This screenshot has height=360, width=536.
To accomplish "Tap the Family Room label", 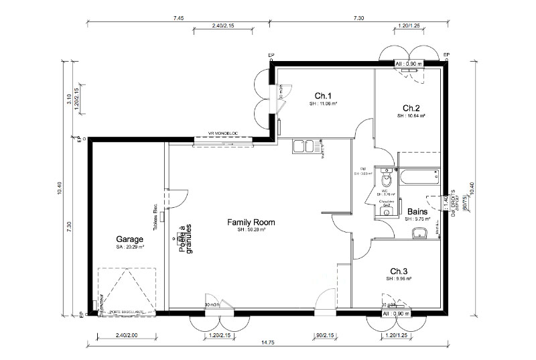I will [x=251, y=222].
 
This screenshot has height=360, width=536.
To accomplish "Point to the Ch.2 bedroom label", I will [x=411, y=108].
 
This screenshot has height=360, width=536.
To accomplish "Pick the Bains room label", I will [x=417, y=211].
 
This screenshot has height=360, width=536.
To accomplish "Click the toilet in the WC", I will [x=385, y=180].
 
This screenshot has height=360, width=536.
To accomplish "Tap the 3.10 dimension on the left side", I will [x=69, y=99].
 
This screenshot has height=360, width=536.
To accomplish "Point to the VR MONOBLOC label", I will [x=224, y=133].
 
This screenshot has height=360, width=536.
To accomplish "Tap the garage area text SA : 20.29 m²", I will [x=130, y=247].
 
